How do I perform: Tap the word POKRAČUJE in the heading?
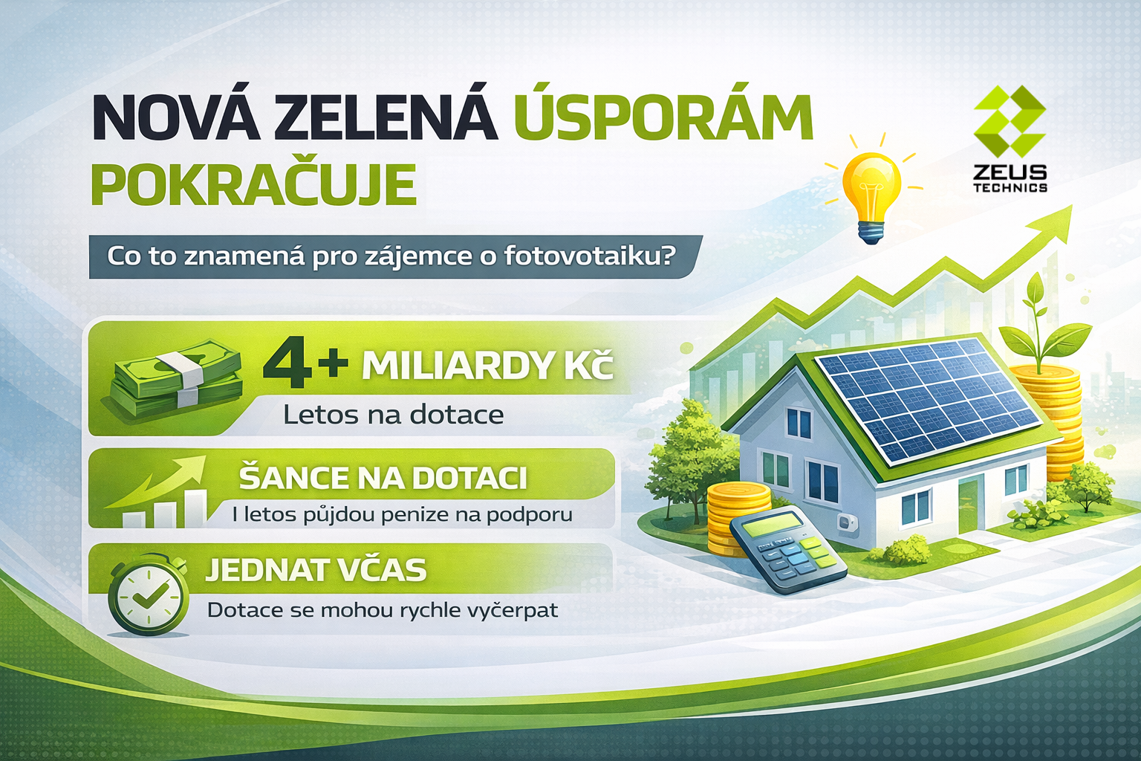(x=253, y=184)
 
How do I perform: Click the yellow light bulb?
(x=872, y=196)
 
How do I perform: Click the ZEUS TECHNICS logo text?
(x=1010, y=178)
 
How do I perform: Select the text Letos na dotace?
(x=393, y=415)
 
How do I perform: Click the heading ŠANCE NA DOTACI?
(x=383, y=478)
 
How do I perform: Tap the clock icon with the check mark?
(x=148, y=595)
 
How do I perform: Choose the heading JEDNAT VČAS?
(x=316, y=570)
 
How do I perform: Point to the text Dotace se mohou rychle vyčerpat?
(x=382, y=610)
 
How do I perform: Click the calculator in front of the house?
(x=787, y=552)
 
